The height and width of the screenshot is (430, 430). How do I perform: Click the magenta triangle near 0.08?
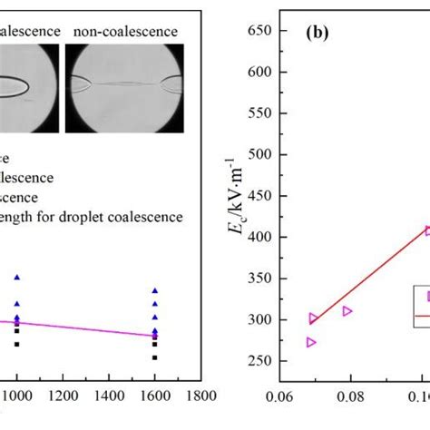click(347, 311)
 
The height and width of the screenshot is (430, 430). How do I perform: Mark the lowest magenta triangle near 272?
click(311, 342)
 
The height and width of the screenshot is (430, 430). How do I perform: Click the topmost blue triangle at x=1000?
click(15, 277)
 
